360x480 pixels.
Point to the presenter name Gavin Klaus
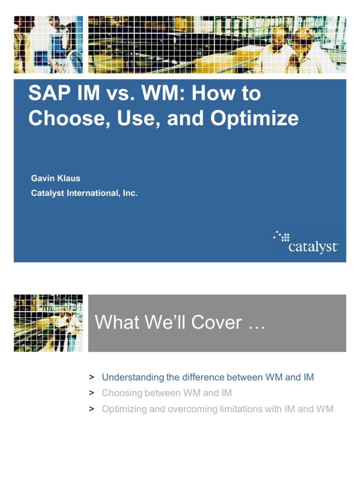55,179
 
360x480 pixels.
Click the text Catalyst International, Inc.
84,193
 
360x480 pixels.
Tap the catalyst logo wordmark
313,247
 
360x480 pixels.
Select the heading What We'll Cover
180,322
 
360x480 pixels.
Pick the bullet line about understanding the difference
208,377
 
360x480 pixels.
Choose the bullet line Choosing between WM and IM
166,393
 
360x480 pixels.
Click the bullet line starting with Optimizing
217,409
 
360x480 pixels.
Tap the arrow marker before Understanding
92,377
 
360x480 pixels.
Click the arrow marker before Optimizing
92,409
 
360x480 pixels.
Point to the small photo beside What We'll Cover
48,323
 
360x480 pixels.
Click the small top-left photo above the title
48,45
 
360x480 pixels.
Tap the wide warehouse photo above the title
217,45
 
